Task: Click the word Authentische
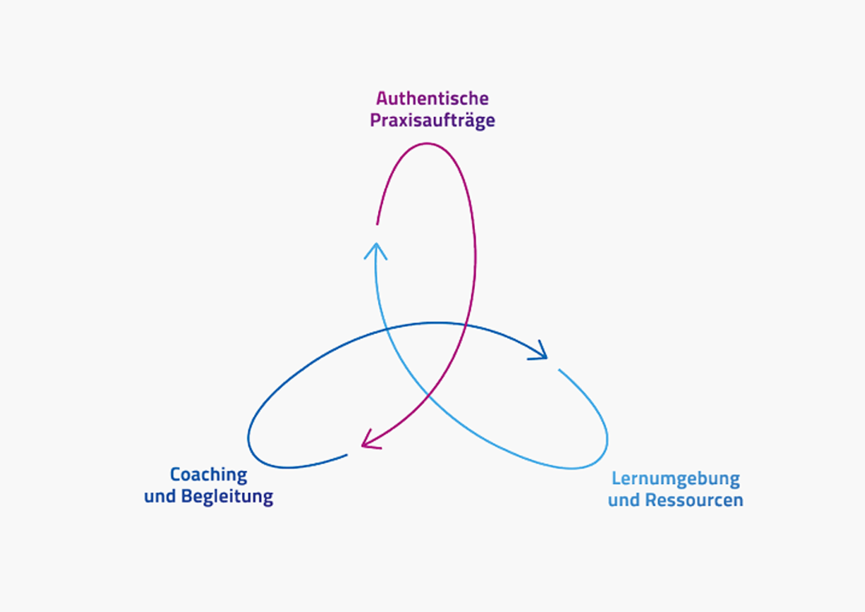432,99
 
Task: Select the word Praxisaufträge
432,121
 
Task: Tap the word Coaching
208,474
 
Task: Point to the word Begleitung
227,496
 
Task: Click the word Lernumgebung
676,479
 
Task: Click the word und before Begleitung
160,496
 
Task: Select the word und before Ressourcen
624,500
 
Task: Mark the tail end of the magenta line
377,224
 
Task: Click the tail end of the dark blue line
347,455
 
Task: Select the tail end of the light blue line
559,370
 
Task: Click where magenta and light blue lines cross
429,395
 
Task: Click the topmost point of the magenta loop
426,143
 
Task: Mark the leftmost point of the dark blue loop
248,439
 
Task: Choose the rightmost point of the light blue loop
608,439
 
